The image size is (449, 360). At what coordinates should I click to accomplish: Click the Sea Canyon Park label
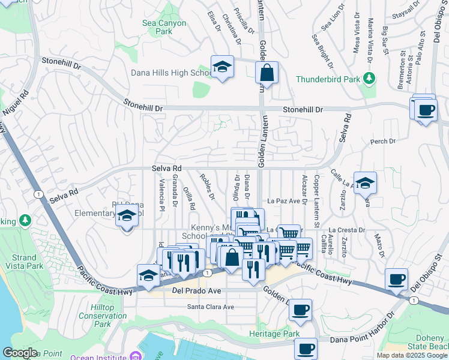[x=164, y=27]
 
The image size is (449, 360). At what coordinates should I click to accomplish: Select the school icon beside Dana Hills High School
[x=222, y=67]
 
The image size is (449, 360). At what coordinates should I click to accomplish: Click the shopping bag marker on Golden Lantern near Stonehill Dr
[x=267, y=73]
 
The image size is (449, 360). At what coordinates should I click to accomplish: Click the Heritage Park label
[x=274, y=334]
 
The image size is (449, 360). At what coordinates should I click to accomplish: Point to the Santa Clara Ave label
[x=211, y=307]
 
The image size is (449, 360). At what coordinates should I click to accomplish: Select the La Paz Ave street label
[x=283, y=201]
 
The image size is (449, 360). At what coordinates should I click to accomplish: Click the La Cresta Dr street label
[x=348, y=230]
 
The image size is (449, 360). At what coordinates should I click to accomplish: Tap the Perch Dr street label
[x=383, y=142]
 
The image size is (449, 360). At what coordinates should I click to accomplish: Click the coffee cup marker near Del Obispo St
[x=396, y=280]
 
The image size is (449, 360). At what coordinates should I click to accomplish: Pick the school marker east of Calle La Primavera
[x=365, y=183]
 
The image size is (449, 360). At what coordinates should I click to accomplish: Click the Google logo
[x=20, y=353]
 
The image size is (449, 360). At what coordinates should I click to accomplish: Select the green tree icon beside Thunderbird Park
[x=369, y=79]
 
